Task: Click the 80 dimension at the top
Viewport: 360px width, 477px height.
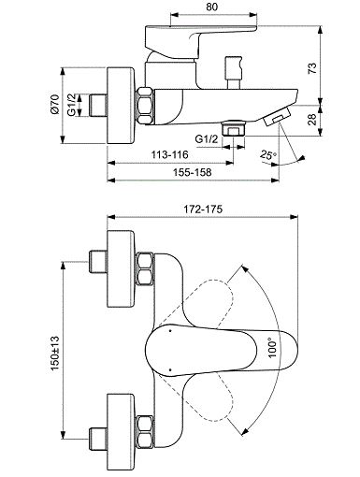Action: pyautogui.click(x=212, y=7)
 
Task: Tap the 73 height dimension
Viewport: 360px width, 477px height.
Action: pyautogui.click(x=312, y=68)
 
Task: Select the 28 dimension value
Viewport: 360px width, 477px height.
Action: pyautogui.click(x=312, y=119)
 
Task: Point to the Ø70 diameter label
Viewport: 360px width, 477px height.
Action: pyautogui.click(x=54, y=105)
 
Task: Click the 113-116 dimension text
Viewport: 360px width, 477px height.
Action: pyautogui.click(x=170, y=154)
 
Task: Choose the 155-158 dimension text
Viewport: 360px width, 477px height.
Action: pyautogui.click(x=193, y=172)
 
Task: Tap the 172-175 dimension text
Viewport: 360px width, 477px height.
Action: pyautogui.click(x=203, y=210)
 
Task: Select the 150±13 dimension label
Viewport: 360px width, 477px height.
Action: pyautogui.click(x=55, y=353)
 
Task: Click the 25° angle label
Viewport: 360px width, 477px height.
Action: pyautogui.click(x=268, y=154)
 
